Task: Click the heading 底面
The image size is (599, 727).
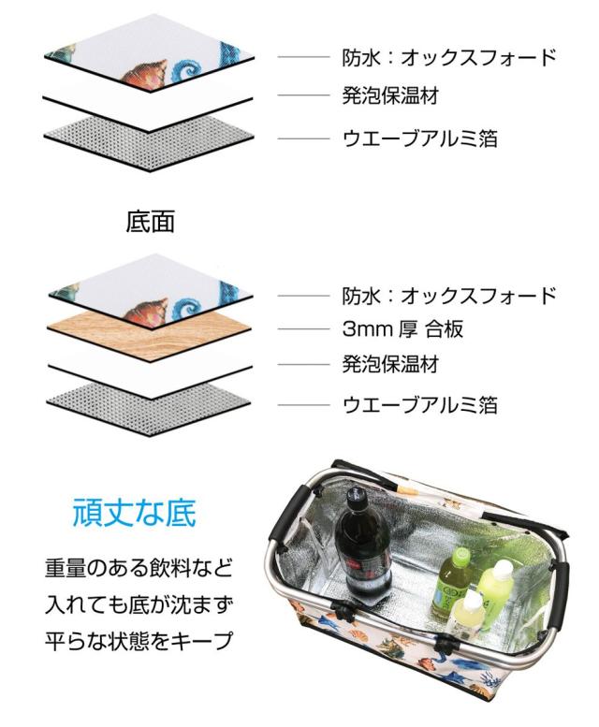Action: click(x=150, y=222)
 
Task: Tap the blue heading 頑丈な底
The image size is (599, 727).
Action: click(x=135, y=513)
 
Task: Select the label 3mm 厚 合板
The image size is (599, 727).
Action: click(x=402, y=329)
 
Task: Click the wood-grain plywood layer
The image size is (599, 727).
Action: click(x=151, y=330)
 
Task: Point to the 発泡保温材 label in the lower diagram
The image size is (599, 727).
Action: click(x=390, y=364)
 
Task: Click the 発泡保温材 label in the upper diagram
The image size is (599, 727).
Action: click(x=390, y=96)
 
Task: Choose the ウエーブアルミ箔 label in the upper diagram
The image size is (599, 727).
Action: click(x=419, y=138)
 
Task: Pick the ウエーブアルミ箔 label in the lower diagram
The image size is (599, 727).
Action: click(x=419, y=404)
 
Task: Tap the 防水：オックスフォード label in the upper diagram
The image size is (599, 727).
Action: click(x=449, y=57)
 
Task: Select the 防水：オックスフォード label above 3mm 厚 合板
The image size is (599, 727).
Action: click(x=449, y=296)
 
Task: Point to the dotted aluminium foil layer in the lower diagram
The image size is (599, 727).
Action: click(x=150, y=402)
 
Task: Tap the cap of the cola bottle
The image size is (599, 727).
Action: click(x=356, y=493)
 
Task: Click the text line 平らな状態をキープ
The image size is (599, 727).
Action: click(x=139, y=640)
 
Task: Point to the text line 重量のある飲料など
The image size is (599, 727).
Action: click(x=139, y=568)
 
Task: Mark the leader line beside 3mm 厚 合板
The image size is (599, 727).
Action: click(x=303, y=329)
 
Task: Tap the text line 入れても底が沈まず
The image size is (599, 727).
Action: click(x=139, y=604)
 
